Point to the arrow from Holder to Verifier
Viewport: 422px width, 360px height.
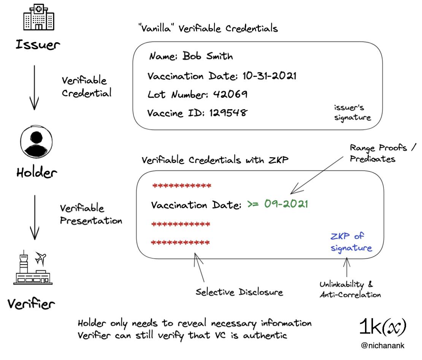click(x=35, y=217)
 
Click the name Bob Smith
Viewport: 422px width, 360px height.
click(x=208, y=56)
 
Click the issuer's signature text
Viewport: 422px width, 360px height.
click(x=352, y=113)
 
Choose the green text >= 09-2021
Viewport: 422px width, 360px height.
click(x=278, y=204)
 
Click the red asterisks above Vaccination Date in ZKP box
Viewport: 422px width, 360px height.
click(x=182, y=186)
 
